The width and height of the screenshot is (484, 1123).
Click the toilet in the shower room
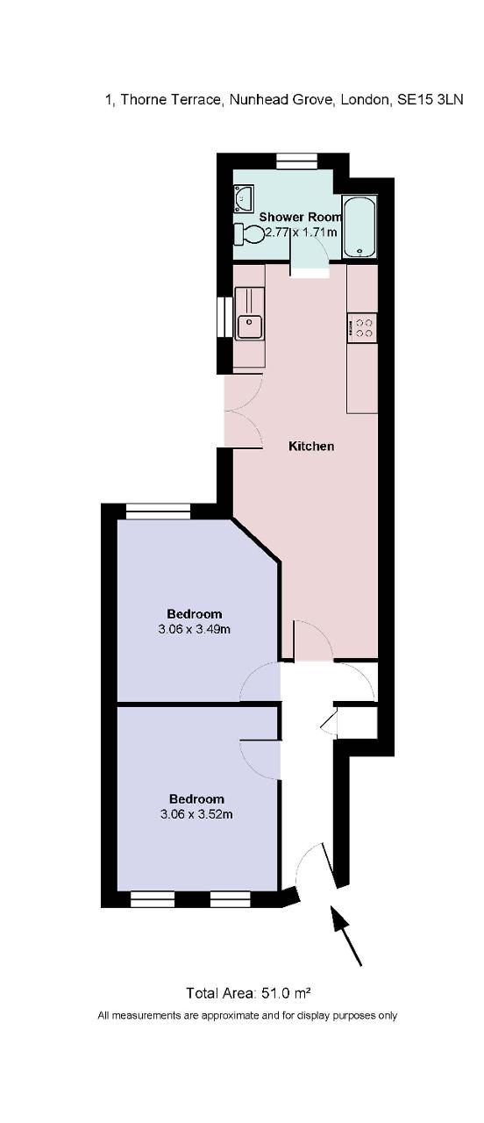pyautogui.click(x=249, y=234)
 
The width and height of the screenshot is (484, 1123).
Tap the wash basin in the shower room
pyautogui.click(x=244, y=198)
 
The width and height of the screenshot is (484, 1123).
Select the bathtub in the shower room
pyautogui.click(x=359, y=226)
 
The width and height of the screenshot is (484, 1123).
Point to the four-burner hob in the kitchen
pyautogui.click(x=363, y=327)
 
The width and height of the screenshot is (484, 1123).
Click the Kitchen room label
pyautogui.click(x=311, y=446)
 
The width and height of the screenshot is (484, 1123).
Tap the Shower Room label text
pyautogui.click(x=301, y=217)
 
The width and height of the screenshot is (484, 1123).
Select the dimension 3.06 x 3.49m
pyautogui.click(x=195, y=629)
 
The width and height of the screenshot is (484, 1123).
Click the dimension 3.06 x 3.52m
pyautogui.click(x=196, y=813)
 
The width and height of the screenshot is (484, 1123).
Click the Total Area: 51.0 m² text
pyautogui.click(x=249, y=992)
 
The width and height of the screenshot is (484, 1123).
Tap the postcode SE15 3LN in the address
pyautogui.click(x=431, y=100)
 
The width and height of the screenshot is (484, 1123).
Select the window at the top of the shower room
pyautogui.click(x=297, y=161)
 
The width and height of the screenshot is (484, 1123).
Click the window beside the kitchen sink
pyautogui.click(x=225, y=318)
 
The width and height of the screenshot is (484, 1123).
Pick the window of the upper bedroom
pyautogui.click(x=159, y=511)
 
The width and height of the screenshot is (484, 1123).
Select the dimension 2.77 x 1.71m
pyautogui.click(x=301, y=232)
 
